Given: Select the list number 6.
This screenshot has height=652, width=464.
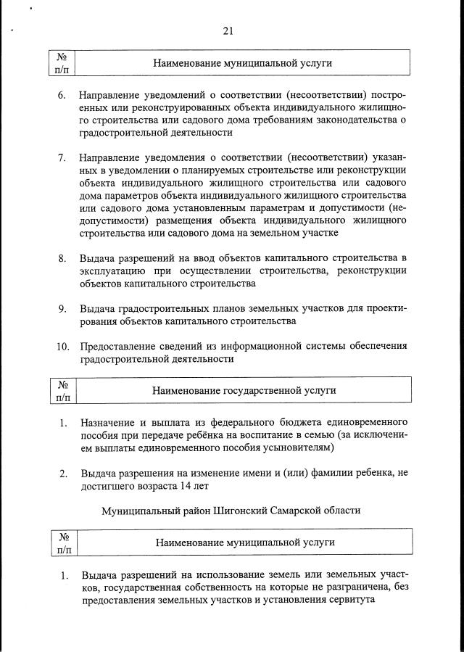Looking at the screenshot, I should click(62, 96).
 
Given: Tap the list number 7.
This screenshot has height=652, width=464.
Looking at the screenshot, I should click(62, 157).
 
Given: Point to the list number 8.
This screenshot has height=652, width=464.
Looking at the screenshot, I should click(62, 258).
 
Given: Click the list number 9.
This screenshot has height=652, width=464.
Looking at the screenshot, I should click(62, 308).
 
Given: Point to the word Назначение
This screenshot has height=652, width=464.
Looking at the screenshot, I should click(109, 422).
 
